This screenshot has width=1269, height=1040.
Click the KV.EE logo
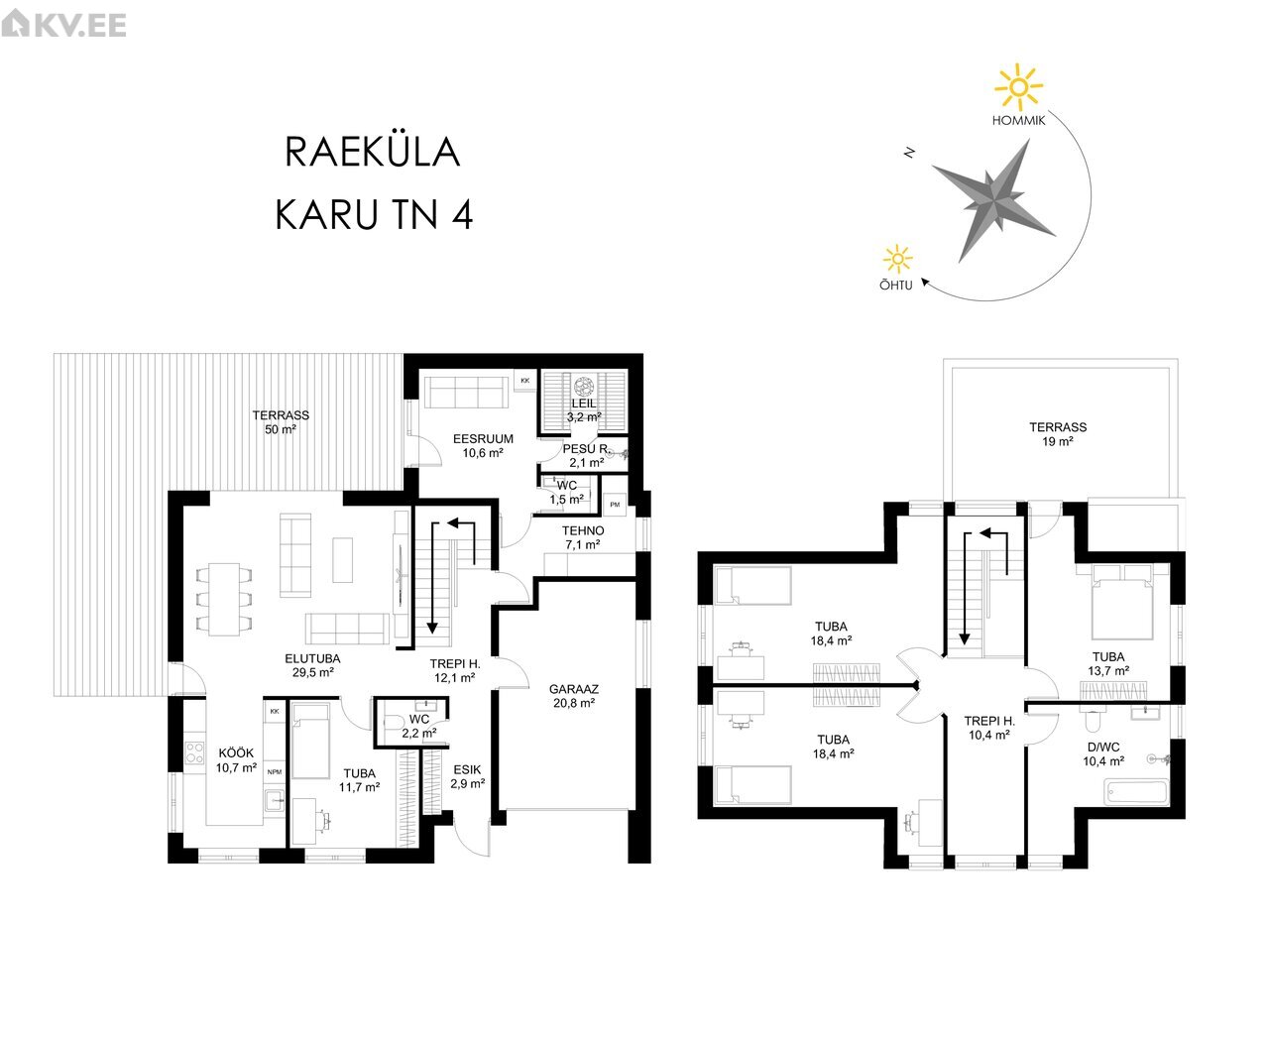coord(63,25)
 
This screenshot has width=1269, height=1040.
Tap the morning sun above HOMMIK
coord(1017,88)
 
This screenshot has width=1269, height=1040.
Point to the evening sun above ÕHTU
coord(897,260)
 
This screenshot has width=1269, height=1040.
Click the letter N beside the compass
coord(910,153)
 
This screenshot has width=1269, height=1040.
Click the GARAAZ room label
coord(573,695)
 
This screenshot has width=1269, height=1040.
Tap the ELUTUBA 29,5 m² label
coord(312,665)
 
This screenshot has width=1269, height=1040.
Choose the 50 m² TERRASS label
coord(281,422)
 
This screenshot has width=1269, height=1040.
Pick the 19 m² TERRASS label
coord(1057,434)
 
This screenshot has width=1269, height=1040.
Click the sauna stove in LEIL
coord(583,386)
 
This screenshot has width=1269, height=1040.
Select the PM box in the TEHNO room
coord(615,505)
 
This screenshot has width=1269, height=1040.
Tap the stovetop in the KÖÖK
coord(194,752)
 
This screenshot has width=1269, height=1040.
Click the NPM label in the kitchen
coord(275,772)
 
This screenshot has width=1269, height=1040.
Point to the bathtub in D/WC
coord(1136,792)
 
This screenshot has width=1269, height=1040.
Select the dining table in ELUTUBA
coord(224,600)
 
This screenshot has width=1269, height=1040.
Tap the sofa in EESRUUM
coord(466,393)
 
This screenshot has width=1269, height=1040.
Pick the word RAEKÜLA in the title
coord(373,152)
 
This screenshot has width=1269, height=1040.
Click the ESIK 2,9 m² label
coord(468,776)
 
